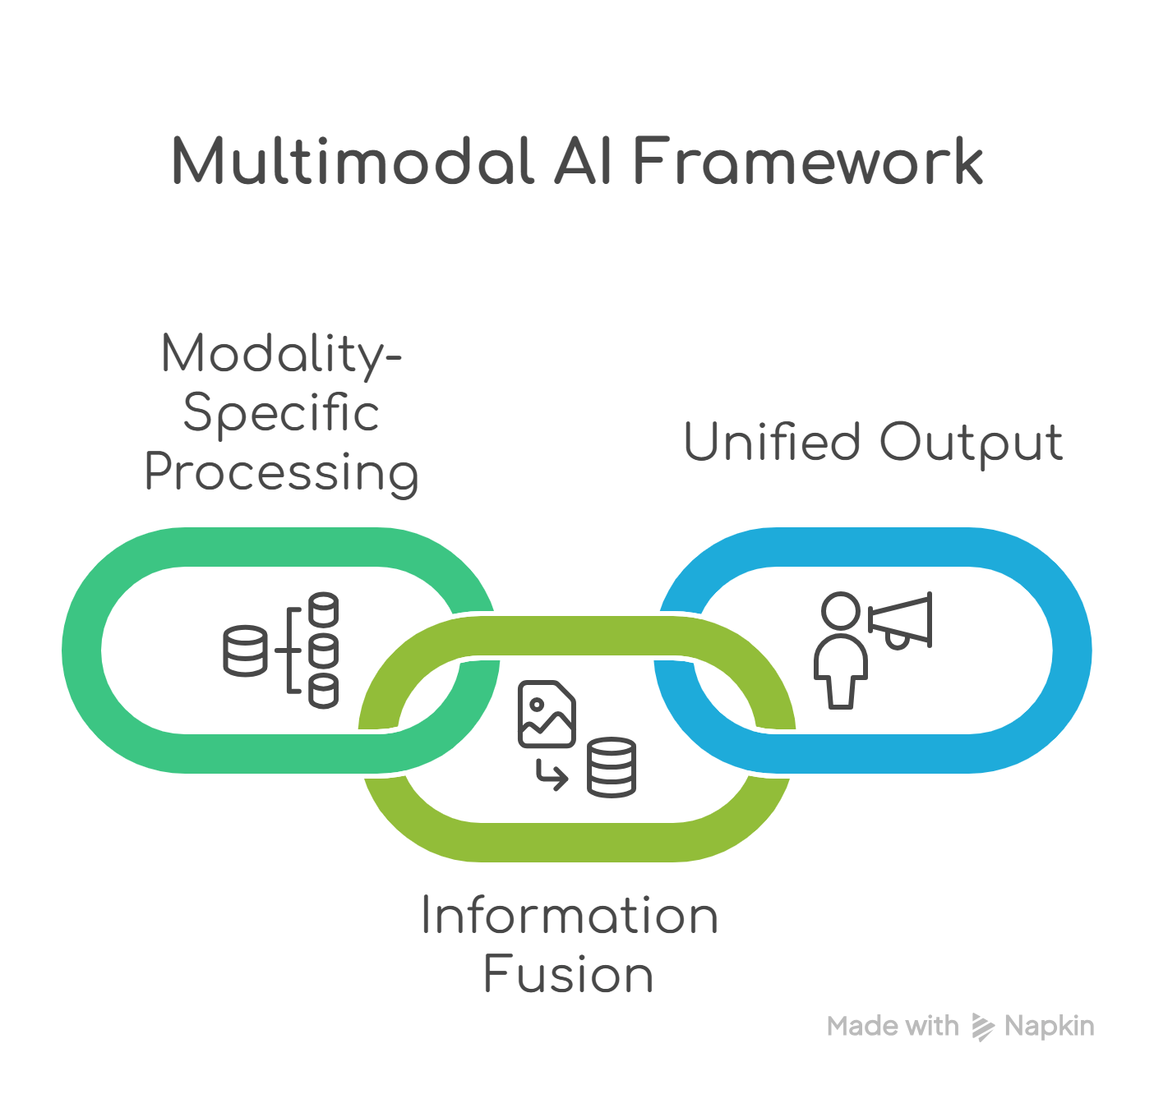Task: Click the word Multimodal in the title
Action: pyautogui.click(x=353, y=161)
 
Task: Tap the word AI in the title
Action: pyautogui.click(x=583, y=161)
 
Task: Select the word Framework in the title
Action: pyautogui.click(x=808, y=161)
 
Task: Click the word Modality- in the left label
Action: pyautogui.click(x=281, y=355)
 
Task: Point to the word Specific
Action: pyautogui.click(x=281, y=413)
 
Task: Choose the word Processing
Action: pyautogui.click(x=281, y=474)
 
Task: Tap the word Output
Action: pyautogui.click(x=972, y=444)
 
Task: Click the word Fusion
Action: pyautogui.click(x=568, y=975)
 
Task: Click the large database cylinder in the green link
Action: pyautogui.click(x=245, y=650)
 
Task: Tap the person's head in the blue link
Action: pyautogui.click(x=841, y=611)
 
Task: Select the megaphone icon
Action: pyautogui.click(x=902, y=621)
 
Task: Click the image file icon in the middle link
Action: pyautogui.click(x=547, y=714)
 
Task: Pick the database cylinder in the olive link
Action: pyautogui.click(x=612, y=768)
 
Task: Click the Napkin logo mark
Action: pyautogui.click(x=982, y=1027)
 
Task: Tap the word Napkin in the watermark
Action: pyautogui.click(x=1050, y=1026)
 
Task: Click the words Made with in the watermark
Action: pyautogui.click(x=893, y=1026)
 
